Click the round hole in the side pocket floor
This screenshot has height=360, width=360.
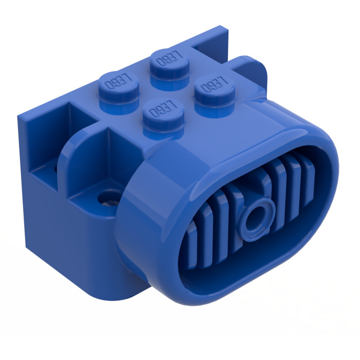109,197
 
